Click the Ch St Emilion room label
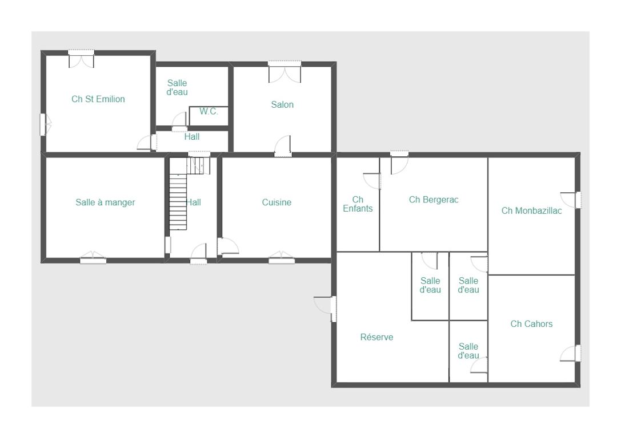[98, 99]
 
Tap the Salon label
[282, 105]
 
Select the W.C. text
[209, 111]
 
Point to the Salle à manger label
[105, 202]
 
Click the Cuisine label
[277, 202]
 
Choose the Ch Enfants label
[358, 204]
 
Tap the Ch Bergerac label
[434, 200]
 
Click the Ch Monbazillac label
[531, 210]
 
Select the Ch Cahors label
[531, 324]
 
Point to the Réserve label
[376, 337]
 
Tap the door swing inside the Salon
[283, 145]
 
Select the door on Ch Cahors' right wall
[570, 353]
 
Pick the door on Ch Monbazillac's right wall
[571, 200]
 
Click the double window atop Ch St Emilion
[81, 58]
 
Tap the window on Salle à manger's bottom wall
[93, 257]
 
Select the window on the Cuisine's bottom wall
[282, 257]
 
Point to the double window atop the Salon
[285, 71]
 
